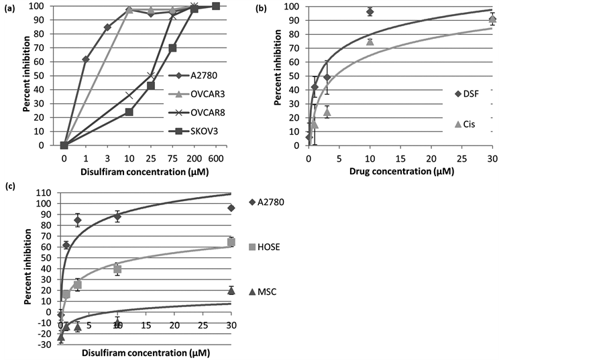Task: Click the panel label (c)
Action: (9, 186)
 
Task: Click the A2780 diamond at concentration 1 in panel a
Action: (85, 60)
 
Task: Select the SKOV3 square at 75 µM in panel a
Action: (172, 48)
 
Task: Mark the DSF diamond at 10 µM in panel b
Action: (370, 11)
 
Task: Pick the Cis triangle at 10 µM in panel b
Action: (370, 42)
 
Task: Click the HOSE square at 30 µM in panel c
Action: (231, 242)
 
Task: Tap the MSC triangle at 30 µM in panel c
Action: (231, 290)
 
